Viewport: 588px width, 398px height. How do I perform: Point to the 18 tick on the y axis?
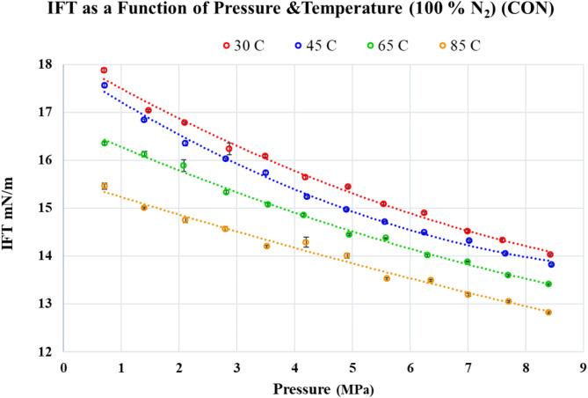pyautogui.click(x=44, y=65)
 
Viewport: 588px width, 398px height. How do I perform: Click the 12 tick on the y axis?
pyautogui.click(x=44, y=351)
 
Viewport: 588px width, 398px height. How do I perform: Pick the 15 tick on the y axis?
pyautogui.click(x=44, y=209)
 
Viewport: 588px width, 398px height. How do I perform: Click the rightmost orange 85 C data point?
pyautogui.click(x=548, y=313)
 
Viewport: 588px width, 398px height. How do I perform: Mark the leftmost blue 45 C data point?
pyautogui.click(x=104, y=85)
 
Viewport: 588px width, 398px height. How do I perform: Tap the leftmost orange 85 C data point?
pyautogui.click(x=104, y=186)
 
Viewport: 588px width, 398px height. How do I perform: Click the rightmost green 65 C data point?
pyautogui.click(x=548, y=284)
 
